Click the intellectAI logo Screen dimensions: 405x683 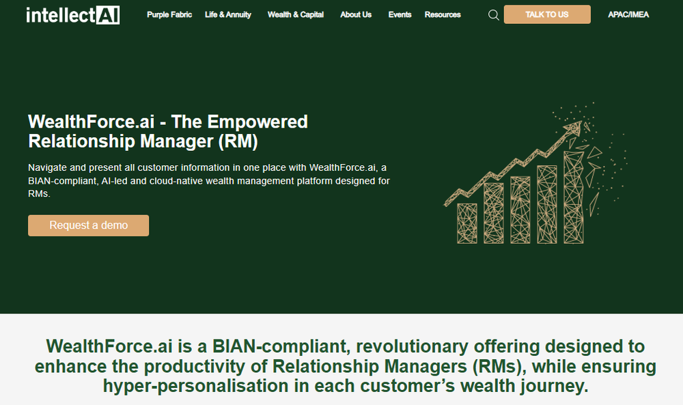click(x=72, y=15)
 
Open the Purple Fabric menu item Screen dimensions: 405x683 click(x=169, y=14)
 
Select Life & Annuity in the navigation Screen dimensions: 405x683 click(x=228, y=14)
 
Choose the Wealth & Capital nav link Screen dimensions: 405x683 click(x=296, y=14)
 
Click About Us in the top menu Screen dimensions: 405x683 click(x=356, y=14)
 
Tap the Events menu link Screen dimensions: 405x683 click(x=400, y=14)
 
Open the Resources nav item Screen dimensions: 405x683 click(x=443, y=14)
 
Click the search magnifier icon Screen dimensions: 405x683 click(x=494, y=15)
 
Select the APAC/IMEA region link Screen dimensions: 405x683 click(x=628, y=14)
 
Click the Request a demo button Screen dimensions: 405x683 click(x=88, y=225)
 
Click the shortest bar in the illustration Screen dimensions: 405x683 click(x=467, y=223)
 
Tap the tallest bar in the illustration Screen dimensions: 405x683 click(x=574, y=197)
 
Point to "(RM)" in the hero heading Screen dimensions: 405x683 click(x=242, y=141)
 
